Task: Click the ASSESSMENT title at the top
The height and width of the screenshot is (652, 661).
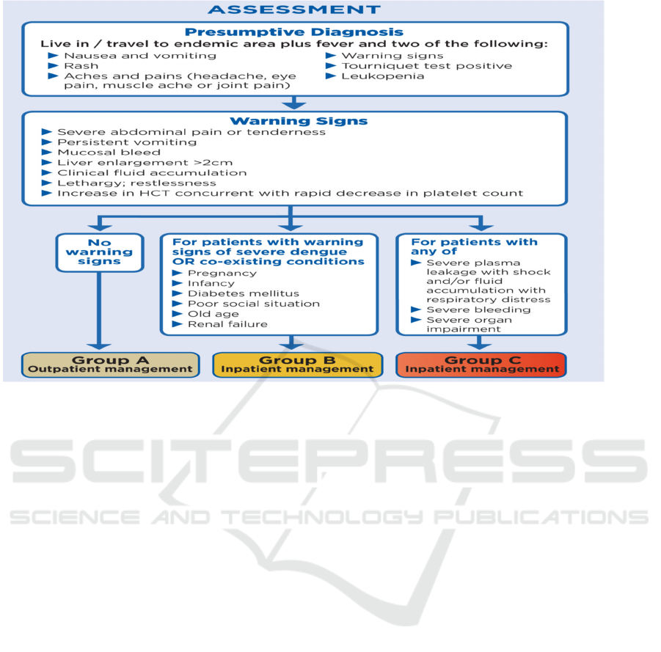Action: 294,10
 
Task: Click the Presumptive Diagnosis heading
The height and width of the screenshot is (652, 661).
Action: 294,32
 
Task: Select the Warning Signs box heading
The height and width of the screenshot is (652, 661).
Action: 299,121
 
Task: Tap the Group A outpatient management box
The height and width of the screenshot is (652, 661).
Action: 110,365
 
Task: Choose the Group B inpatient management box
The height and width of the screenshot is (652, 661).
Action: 298,365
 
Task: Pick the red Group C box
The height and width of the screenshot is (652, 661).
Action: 483,365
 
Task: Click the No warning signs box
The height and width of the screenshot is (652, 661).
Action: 100,252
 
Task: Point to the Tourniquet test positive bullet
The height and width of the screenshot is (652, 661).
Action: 426,66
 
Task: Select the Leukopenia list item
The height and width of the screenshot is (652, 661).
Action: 382,76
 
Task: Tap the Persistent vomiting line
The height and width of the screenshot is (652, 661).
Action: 127,142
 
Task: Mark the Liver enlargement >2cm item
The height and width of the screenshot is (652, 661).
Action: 131,163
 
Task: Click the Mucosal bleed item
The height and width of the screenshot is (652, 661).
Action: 109,153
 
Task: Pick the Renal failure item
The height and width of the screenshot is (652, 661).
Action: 227,324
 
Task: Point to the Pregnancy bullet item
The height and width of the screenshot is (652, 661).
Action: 222,273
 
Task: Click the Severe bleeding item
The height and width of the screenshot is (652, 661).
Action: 478,309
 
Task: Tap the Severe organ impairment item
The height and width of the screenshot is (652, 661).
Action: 470,324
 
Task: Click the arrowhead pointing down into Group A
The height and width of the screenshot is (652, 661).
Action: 100,344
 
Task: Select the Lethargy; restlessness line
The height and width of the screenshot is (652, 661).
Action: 136,183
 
